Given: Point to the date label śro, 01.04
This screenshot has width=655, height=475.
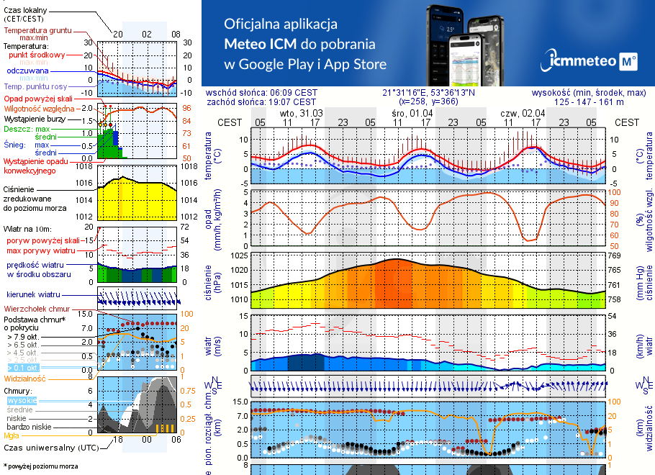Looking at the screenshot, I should [412, 113].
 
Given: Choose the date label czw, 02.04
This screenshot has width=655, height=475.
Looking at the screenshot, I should [523, 113].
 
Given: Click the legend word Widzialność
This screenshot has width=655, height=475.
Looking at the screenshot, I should [25, 378].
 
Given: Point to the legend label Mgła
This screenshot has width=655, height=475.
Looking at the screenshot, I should [12, 435].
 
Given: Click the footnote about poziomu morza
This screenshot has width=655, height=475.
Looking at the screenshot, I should [40, 466].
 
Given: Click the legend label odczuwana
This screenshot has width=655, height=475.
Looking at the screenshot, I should [27, 71].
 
